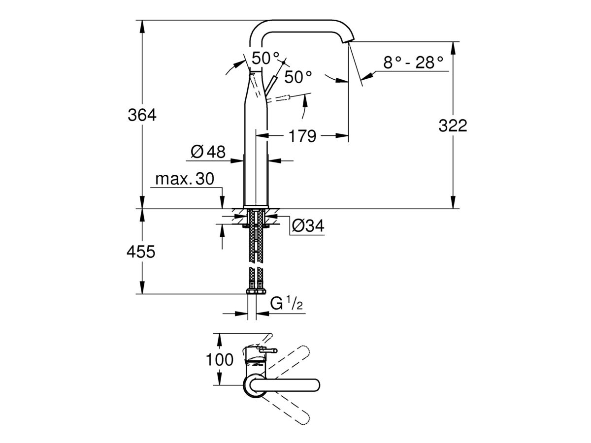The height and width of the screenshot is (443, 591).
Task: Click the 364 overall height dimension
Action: coord(141,115)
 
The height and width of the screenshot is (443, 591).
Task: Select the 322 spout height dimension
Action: coord(452,126)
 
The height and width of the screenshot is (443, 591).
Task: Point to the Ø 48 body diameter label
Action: coord(207,152)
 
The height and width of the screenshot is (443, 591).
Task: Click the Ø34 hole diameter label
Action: coord(308,225)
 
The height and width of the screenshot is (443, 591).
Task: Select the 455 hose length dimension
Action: coord(141,252)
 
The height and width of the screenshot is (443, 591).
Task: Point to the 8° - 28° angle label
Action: coord(413,62)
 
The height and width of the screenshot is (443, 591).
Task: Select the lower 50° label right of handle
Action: coord(298,77)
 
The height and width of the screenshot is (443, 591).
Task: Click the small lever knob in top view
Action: coord(270,350)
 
